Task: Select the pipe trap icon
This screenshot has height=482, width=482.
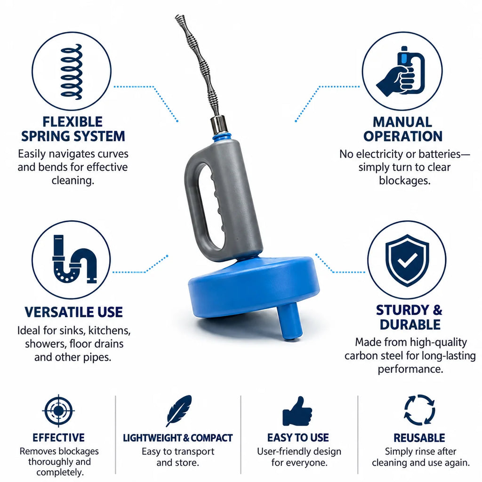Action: [74, 259]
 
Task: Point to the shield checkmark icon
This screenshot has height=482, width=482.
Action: [407, 260]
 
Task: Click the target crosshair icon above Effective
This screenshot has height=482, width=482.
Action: [58, 410]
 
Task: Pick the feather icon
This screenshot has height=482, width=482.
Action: [179, 411]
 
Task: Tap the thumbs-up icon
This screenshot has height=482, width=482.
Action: [297, 411]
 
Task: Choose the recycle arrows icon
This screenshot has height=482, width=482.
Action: [419, 410]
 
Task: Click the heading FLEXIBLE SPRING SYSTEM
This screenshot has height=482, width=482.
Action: [73, 129]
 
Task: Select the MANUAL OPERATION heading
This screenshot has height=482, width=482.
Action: [403, 129]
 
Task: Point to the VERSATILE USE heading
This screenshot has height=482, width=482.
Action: [74, 312]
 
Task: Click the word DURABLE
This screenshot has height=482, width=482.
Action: [410, 325]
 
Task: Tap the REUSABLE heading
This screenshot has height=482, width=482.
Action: [419, 438]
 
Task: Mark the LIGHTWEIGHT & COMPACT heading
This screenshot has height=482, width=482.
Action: [177, 438]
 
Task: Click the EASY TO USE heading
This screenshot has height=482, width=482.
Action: [298, 438]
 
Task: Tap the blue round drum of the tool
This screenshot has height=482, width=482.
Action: [254, 289]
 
